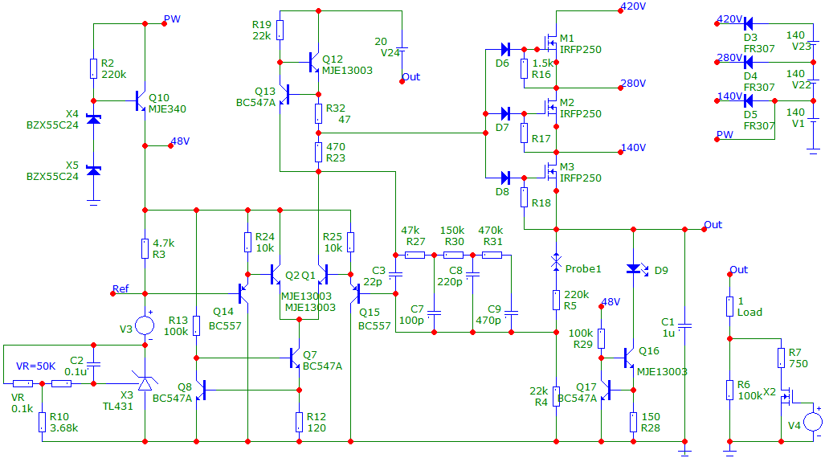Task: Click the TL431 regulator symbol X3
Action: pyautogui.click(x=145, y=382)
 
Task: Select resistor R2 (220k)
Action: pyautogui.click(x=94, y=68)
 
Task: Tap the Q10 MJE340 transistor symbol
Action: pyautogui.click(x=141, y=100)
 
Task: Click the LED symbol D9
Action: pyautogui.click(x=635, y=269)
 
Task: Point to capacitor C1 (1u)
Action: pyautogui.click(x=684, y=325)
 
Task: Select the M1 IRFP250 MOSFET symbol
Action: pyautogui.click(x=550, y=43)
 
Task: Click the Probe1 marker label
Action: pyautogui.click(x=583, y=269)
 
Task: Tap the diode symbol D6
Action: pyautogui.click(x=505, y=50)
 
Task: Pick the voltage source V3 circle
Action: pyautogui.click(x=145, y=325)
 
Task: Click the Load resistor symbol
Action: pyautogui.click(x=729, y=306)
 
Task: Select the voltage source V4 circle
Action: pyautogui.click(x=813, y=422)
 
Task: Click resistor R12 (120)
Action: pyautogui.click(x=300, y=422)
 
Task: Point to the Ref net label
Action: pyautogui.click(x=120, y=288)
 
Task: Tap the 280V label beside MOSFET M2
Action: pyautogui.click(x=633, y=84)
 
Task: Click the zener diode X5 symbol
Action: pyautogui.click(x=94, y=170)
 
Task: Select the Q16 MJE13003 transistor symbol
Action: pyautogui.click(x=628, y=358)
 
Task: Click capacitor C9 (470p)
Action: pyautogui.click(x=512, y=313)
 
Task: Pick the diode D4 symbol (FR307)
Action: pyautogui.click(x=748, y=62)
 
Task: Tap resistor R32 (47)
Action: pyautogui.click(x=318, y=113)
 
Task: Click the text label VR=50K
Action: pyautogui.click(x=36, y=366)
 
